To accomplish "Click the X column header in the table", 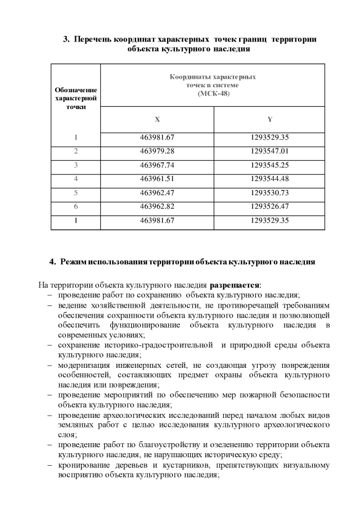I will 157,119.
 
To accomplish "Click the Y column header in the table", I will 269,119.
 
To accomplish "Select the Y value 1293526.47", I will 269,206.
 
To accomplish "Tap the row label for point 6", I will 75,206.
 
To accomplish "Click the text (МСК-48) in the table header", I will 213,93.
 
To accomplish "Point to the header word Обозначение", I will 75,90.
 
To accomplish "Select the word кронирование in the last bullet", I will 82,465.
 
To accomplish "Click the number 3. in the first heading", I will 66,39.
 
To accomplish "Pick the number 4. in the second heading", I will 53,262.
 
